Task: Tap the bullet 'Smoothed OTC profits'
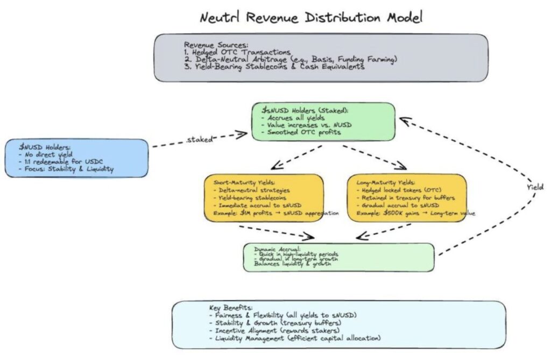click(x=305, y=132)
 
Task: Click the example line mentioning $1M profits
click(x=272, y=213)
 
